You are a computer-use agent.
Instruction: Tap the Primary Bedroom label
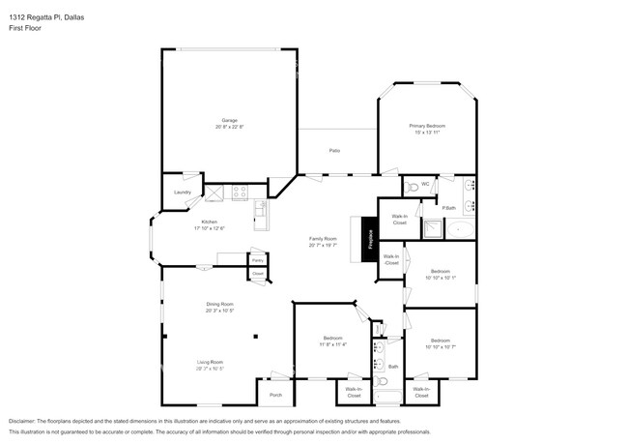point(426,126)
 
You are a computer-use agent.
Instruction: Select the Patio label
point(334,151)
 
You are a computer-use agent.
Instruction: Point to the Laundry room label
point(182,193)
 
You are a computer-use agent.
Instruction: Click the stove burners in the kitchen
point(239,193)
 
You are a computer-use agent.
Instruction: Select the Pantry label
point(257,260)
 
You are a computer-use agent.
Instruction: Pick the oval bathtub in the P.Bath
point(460,230)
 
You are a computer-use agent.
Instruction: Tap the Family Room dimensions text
point(322,246)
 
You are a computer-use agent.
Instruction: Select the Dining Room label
point(219,305)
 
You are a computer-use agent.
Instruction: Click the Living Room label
point(211,362)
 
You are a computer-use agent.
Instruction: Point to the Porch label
point(275,395)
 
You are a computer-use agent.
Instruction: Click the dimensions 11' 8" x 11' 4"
point(333,343)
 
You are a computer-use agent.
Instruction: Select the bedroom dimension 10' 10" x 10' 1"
point(440,278)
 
